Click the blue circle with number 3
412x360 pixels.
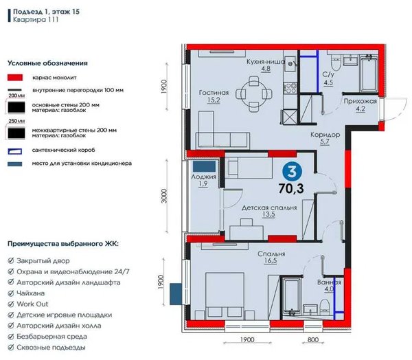(292, 172)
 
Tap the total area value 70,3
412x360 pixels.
(291, 188)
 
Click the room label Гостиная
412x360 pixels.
(214, 93)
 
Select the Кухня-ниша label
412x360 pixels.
(266, 62)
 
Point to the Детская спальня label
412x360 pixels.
(269, 207)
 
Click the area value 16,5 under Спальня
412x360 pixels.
(271, 260)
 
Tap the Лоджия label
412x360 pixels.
(204, 177)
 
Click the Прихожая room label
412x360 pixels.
(360, 101)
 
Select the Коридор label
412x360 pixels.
(325, 135)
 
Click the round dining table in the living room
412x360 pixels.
(254, 94)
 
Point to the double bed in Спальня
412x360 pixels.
(225, 296)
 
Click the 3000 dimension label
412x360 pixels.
(164, 196)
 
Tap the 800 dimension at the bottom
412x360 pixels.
(313, 340)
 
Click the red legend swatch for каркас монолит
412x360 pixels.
(15, 78)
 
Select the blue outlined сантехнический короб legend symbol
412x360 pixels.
(15, 151)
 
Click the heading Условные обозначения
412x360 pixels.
(47, 63)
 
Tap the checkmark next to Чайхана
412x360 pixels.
(11, 293)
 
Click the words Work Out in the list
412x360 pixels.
(32, 304)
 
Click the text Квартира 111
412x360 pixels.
(36, 20)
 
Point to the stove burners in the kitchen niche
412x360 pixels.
(290, 88)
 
